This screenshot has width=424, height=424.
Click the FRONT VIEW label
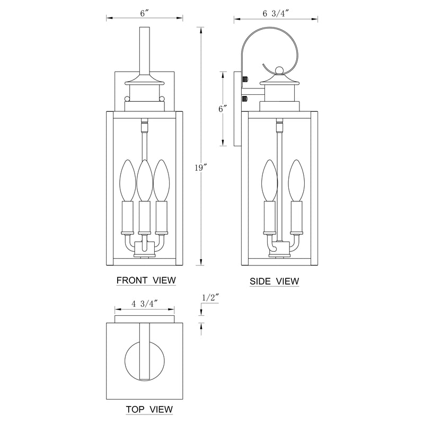145,279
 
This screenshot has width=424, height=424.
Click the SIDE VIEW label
274,281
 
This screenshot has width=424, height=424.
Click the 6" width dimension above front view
144,13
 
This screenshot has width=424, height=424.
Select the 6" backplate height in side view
223,109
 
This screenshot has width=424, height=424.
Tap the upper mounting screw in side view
244,79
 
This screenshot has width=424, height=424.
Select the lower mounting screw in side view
244,98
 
